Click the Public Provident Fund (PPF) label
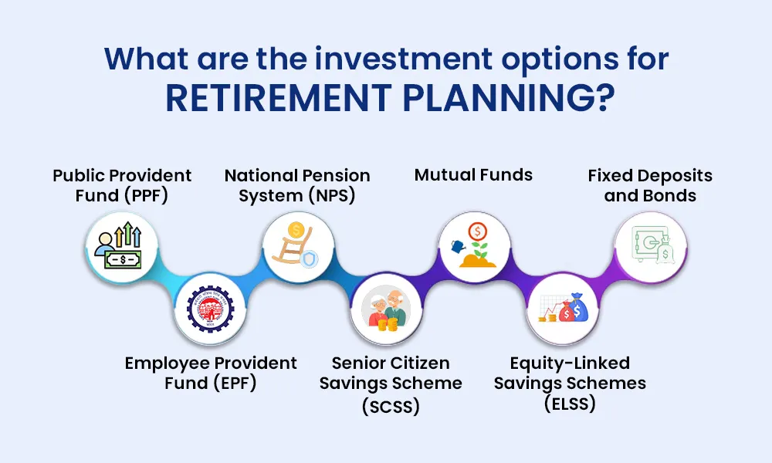(x=122, y=185)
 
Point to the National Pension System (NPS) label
(x=297, y=185)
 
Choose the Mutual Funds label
(x=473, y=175)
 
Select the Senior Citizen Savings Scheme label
(x=391, y=384)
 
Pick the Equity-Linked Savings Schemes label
(x=570, y=383)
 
